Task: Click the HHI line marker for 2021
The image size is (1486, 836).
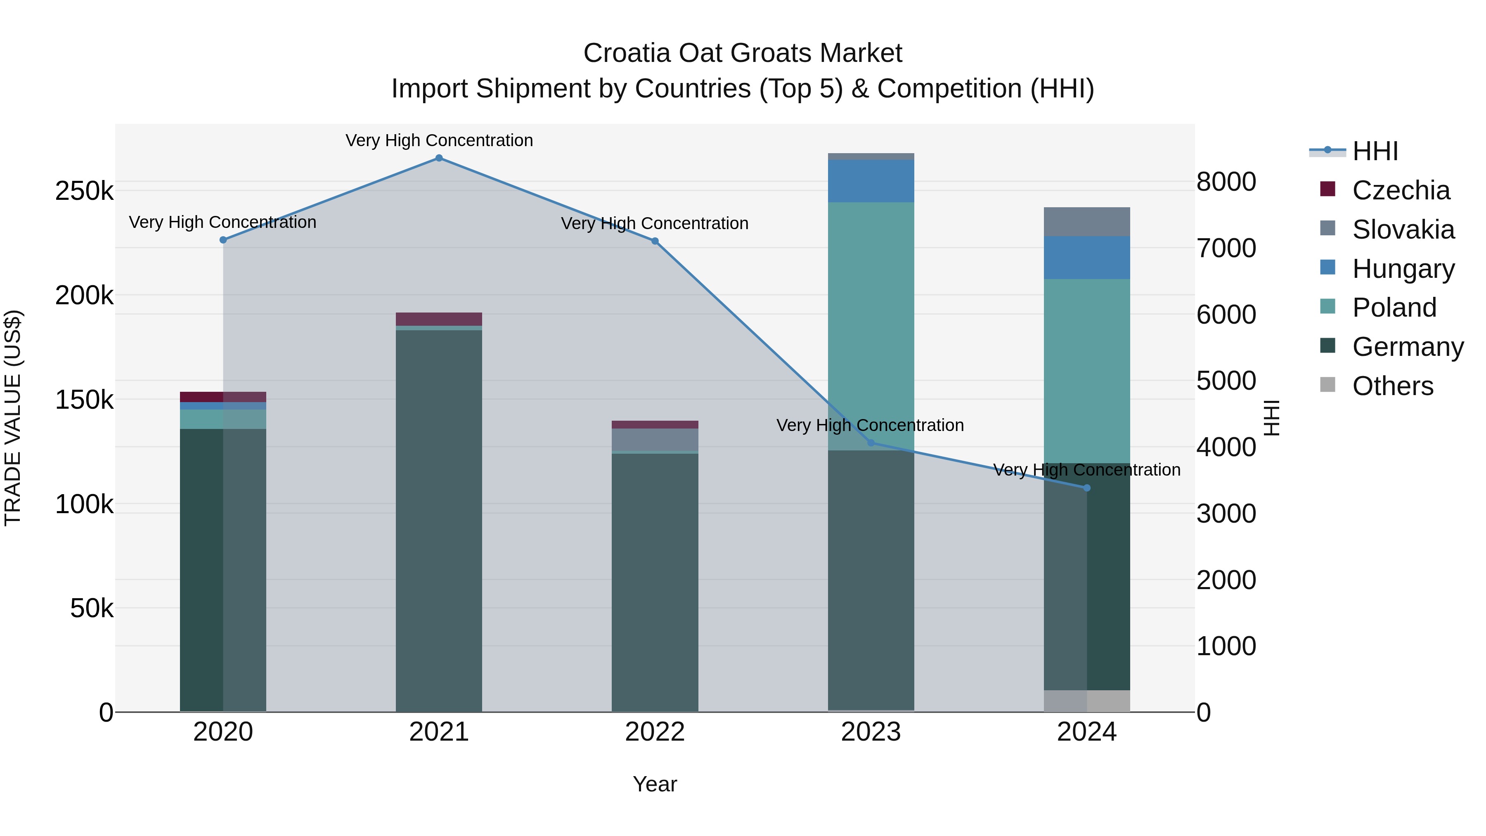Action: coord(439,158)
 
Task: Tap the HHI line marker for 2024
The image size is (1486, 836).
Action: coord(1087,488)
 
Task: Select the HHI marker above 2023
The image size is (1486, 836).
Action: coord(871,443)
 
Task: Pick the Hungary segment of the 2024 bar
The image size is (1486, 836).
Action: coord(1087,257)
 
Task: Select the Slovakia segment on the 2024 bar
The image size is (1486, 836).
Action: coord(1087,222)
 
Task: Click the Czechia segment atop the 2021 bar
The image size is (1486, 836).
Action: coord(439,319)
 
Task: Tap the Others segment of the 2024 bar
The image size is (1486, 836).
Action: coord(1087,701)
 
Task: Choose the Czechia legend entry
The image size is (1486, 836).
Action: coord(1400,190)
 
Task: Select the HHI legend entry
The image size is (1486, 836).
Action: coord(1375,151)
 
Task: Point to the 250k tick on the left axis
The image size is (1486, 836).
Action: coord(84,191)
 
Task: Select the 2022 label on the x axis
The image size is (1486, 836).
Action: coord(655,732)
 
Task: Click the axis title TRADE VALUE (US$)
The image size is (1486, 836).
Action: coord(13,418)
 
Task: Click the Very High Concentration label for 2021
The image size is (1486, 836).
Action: coord(439,140)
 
